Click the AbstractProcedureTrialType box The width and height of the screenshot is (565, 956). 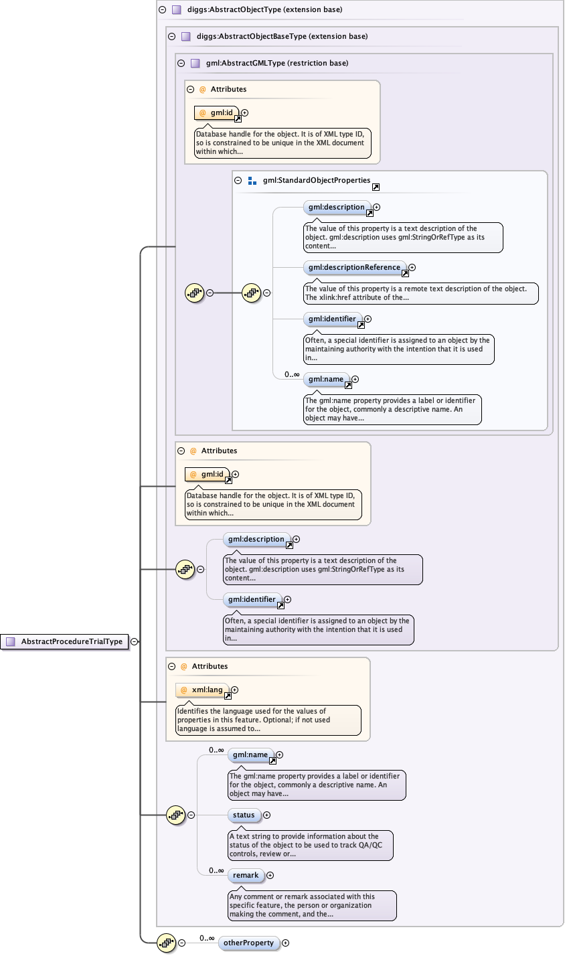(65, 641)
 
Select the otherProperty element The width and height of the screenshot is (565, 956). (248, 943)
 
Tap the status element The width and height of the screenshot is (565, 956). (244, 815)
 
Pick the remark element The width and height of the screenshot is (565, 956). (246, 875)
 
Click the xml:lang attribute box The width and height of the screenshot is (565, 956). (202, 690)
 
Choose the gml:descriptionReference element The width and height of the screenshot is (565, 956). (355, 267)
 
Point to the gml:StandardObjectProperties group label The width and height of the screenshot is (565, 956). (316, 180)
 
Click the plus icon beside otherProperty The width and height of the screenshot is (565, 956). (286, 943)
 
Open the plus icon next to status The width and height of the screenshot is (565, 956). (267, 815)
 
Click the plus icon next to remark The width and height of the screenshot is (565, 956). (270, 875)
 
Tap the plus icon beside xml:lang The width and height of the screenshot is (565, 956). (235, 690)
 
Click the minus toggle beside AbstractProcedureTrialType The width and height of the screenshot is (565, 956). (135, 641)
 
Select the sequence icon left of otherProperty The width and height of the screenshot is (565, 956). (166, 943)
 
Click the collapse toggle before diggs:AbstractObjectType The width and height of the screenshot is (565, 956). (162, 10)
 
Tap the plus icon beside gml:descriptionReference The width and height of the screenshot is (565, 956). (412, 267)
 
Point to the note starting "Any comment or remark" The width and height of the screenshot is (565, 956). (312, 905)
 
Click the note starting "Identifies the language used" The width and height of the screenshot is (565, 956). (268, 720)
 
